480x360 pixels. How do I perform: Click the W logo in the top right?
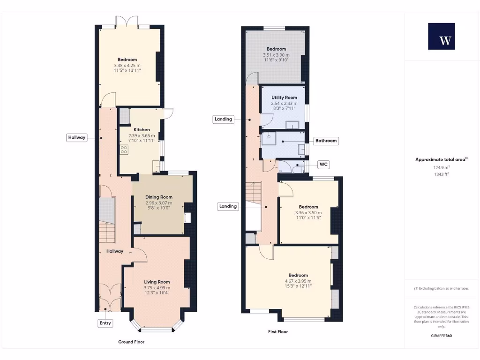pos(441,36)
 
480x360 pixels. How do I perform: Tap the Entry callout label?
pos(105,323)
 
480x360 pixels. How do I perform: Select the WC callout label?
pos(323,165)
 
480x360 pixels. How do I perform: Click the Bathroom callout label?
pos(326,141)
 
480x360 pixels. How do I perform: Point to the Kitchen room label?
pos(142,129)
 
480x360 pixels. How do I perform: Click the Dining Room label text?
pos(159,197)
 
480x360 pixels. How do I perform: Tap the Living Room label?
pos(157,282)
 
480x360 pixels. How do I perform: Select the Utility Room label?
pos(285,97)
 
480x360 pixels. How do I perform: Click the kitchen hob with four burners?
pos(124,150)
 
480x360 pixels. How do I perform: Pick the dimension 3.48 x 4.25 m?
pos(127,65)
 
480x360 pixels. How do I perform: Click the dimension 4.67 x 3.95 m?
pos(298,281)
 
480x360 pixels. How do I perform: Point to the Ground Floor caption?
pos(131,342)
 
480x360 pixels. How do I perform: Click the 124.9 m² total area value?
pos(441,167)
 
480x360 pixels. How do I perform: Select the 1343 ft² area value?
pos(441,174)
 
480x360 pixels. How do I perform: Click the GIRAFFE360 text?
pos(441,336)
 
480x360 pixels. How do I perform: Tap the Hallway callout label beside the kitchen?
pos(76,137)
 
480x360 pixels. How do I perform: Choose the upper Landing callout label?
pos(223,119)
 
